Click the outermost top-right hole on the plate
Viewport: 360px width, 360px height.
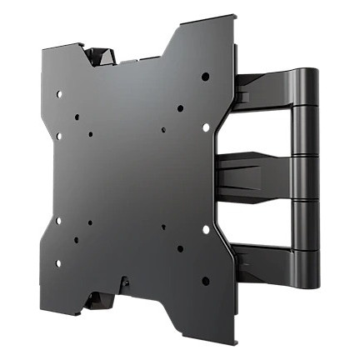(x=205, y=77)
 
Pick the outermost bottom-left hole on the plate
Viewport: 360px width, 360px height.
(x=58, y=263)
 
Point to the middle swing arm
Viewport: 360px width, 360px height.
(x=258, y=171)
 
